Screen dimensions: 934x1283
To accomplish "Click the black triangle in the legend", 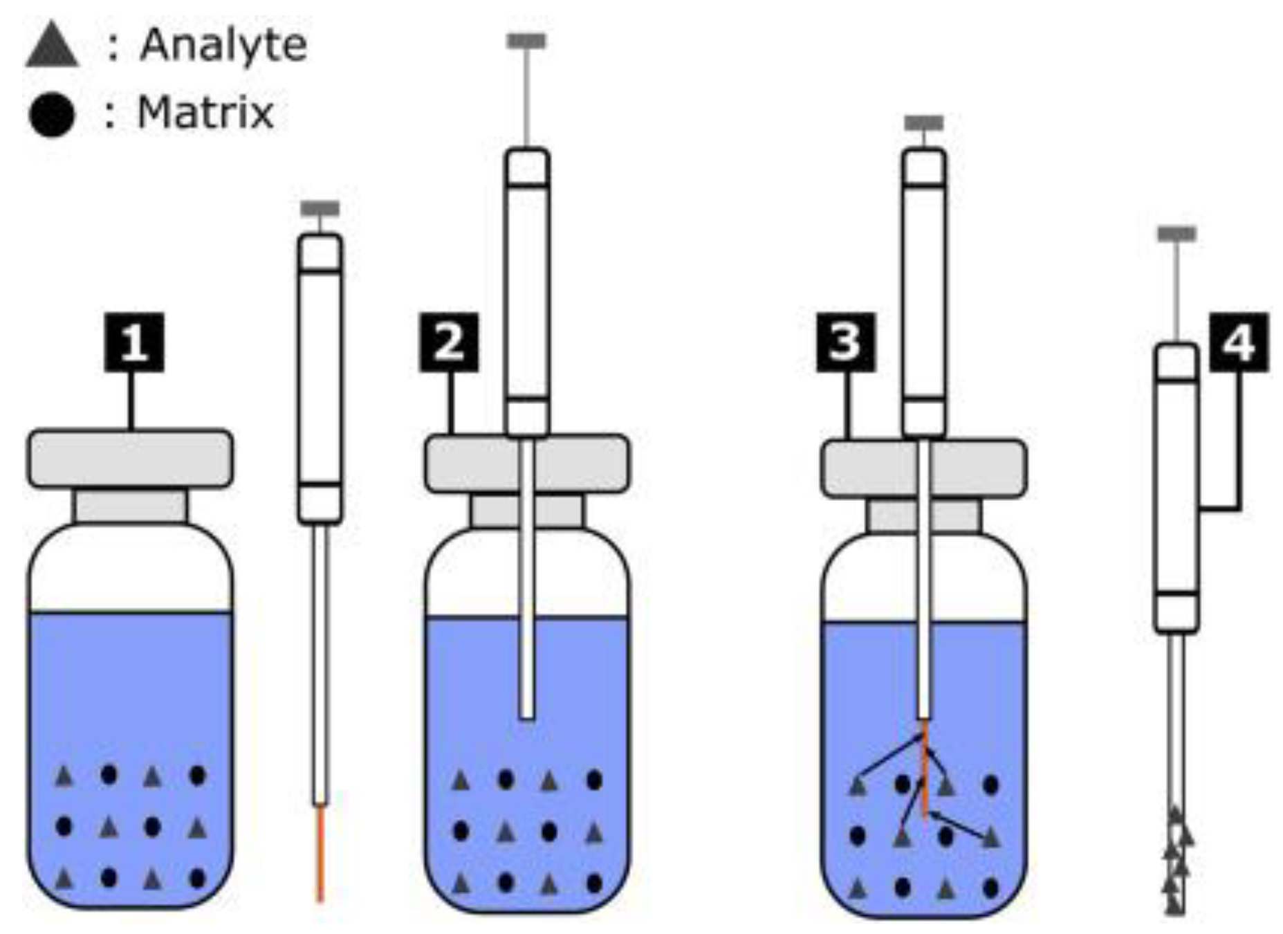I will point(52,47).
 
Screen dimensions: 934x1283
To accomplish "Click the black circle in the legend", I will point(51,114).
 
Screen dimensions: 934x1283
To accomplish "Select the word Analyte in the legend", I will point(223,46).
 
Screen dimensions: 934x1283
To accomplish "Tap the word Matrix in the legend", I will point(205,112).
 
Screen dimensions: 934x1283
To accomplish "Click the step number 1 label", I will point(134,342).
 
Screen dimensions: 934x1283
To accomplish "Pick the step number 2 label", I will point(449,342).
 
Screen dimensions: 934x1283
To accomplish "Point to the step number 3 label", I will point(845,342).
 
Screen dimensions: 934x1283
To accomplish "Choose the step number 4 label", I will point(1239,342).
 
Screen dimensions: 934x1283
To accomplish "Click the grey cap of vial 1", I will point(130,459).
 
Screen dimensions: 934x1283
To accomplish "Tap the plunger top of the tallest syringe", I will point(526,42).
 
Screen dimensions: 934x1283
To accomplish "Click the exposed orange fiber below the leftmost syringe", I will point(320,854).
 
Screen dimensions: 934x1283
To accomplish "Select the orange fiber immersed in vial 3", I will point(925,768).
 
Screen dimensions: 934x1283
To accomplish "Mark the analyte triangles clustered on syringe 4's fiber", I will point(1176,861).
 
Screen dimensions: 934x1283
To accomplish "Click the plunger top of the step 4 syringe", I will point(1176,234).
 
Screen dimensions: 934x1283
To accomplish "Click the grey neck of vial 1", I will point(130,506).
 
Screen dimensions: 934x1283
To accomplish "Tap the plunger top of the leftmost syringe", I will point(320,208).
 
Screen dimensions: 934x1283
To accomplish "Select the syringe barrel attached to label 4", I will point(1176,488).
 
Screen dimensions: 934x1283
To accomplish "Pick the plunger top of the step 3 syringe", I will point(924,123).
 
